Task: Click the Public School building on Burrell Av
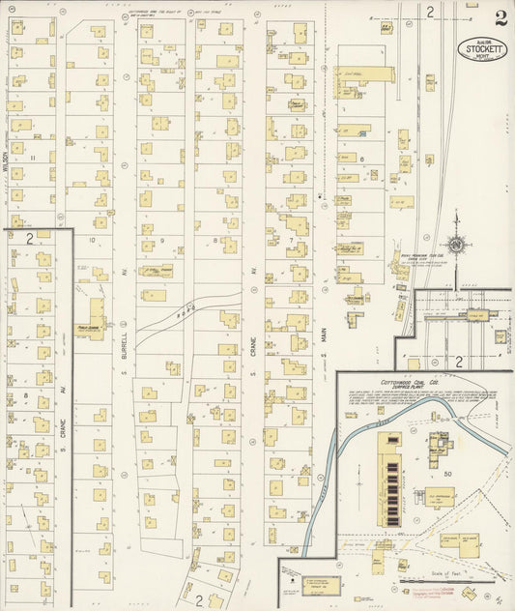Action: click(x=94, y=315)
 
